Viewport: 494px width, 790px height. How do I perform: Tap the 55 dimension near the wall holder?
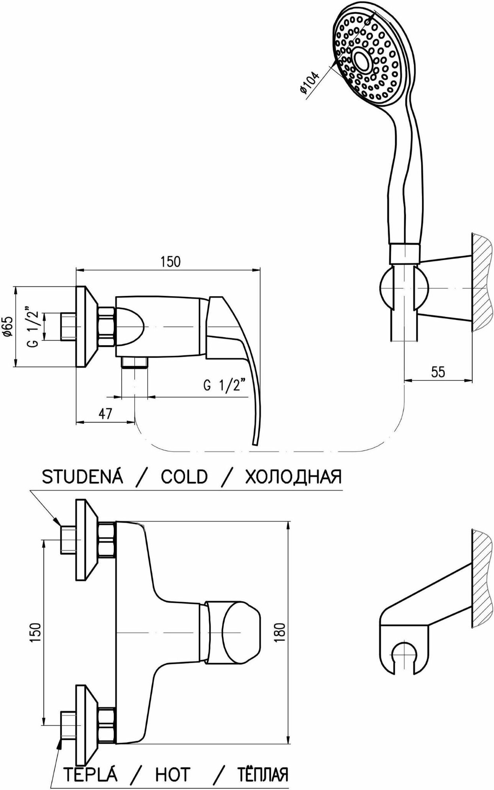tap(438, 372)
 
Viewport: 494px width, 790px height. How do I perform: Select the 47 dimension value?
tap(105, 414)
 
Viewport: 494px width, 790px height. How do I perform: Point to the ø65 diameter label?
tap(9, 327)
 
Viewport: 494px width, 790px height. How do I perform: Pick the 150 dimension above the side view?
tap(170, 262)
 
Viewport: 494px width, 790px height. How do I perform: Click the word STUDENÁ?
tap(83, 477)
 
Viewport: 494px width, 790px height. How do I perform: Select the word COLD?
tap(184, 477)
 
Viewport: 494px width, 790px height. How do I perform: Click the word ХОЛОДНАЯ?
tap(293, 477)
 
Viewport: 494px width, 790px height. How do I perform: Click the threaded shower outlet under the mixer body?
tap(134, 363)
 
